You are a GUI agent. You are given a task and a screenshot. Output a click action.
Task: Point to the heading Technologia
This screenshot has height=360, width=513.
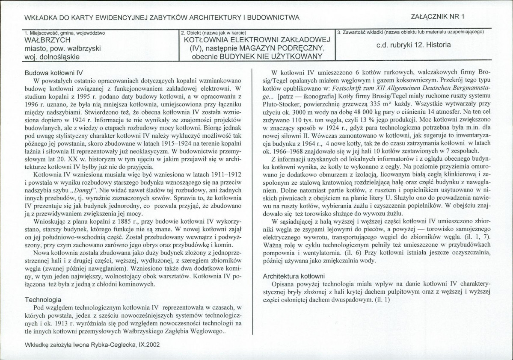tap(43, 300)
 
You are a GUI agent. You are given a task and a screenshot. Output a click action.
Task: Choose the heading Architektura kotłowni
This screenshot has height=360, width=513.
tap(294, 276)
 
